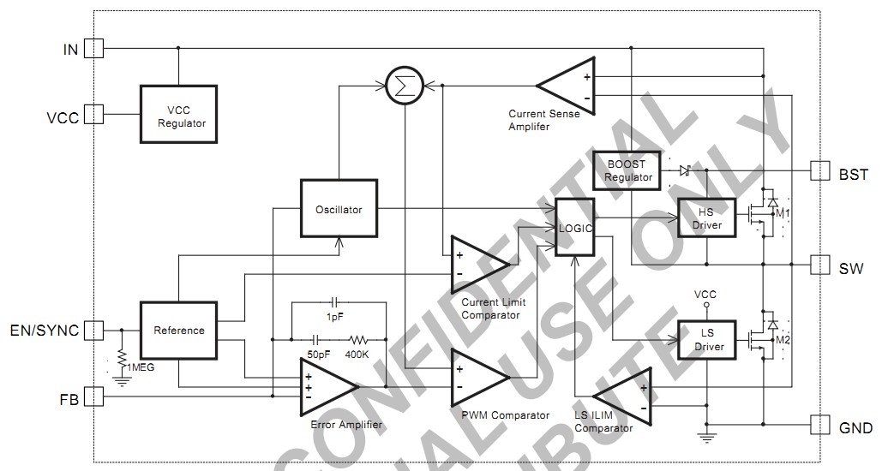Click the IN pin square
[x=93, y=48]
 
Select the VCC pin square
[x=93, y=114]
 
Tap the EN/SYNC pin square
[x=93, y=330]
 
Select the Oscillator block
[x=339, y=209]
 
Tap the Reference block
[x=179, y=330]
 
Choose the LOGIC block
[x=575, y=227]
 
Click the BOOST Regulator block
[x=628, y=170]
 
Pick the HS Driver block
[x=706, y=219]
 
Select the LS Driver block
[x=706, y=340]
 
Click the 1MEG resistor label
[x=141, y=367]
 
